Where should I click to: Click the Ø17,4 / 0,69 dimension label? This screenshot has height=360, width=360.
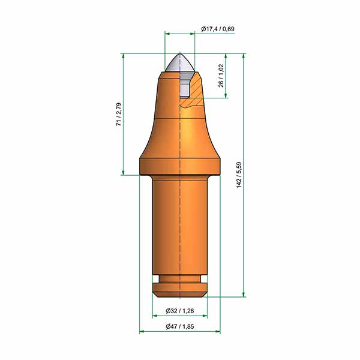[x=218, y=29]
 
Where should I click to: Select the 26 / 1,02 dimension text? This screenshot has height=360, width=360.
[x=221, y=76]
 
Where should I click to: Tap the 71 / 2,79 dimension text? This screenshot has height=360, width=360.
[x=119, y=114]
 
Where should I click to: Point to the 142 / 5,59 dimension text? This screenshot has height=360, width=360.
[x=239, y=175]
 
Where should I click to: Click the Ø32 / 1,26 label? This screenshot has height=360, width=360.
[x=180, y=311]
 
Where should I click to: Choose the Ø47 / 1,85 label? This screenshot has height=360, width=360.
[x=180, y=326]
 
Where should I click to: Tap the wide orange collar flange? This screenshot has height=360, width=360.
[x=180, y=166]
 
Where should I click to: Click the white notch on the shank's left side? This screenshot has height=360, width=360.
[x=155, y=279]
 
